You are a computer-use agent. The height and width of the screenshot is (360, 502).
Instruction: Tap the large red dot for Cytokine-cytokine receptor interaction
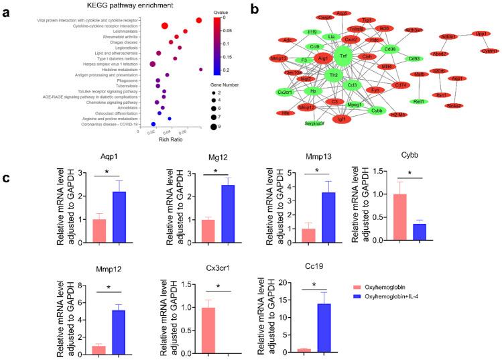point(164,26)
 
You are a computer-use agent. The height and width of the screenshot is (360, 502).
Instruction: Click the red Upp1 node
point(481,33)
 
